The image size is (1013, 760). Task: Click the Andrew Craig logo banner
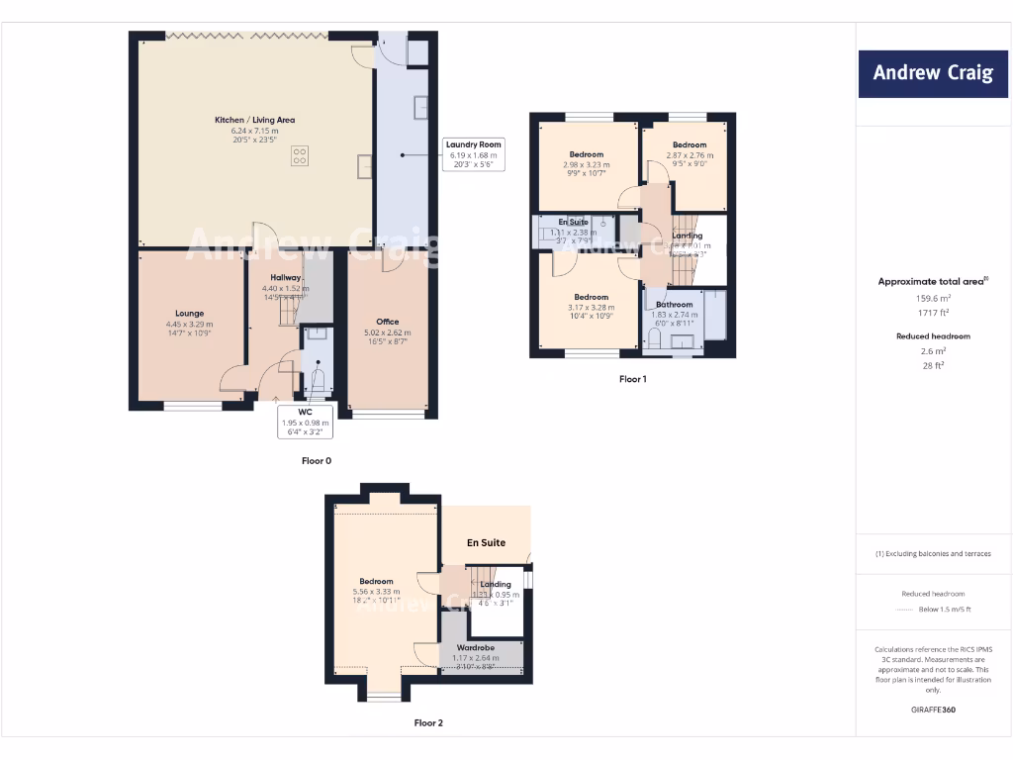pyautogui.click(x=933, y=73)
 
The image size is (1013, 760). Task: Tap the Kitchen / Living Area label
pyautogui.click(x=255, y=120)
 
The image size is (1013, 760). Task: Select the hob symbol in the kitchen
pyautogui.click(x=300, y=155)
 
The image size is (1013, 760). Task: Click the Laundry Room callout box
pyautogui.click(x=474, y=153)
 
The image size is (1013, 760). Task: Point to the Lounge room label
pyautogui.click(x=190, y=314)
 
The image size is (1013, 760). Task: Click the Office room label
pyautogui.click(x=388, y=322)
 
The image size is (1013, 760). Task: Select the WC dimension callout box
pyautogui.click(x=306, y=423)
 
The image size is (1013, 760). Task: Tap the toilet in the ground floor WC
pyautogui.click(x=319, y=380)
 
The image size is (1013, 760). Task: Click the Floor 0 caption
pyautogui.click(x=317, y=461)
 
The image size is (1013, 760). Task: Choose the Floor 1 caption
pyautogui.click(x=633, y=379)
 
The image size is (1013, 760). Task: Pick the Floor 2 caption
pyautogui.click(x=428, y=723)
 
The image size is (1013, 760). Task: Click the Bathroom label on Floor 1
pyautogui.click(x=675, y=305)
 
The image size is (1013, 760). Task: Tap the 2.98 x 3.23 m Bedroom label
pyautogui.click(x=587, y=154)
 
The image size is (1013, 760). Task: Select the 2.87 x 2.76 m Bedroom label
pyautogui.click(x=690, y=145)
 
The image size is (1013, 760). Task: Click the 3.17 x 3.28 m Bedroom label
pyautogui.click(x=592, y=297)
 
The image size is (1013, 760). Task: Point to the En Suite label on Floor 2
pyautogui.click(x=486, y=542)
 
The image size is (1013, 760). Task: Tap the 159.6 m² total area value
pyautogui.click(x=933, y=298)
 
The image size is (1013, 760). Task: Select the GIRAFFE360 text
pyautogui.click(x=933, y=710)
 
